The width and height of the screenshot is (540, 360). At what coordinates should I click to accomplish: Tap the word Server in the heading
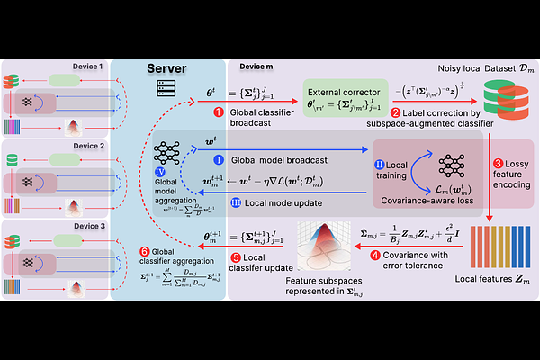(174, 68)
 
